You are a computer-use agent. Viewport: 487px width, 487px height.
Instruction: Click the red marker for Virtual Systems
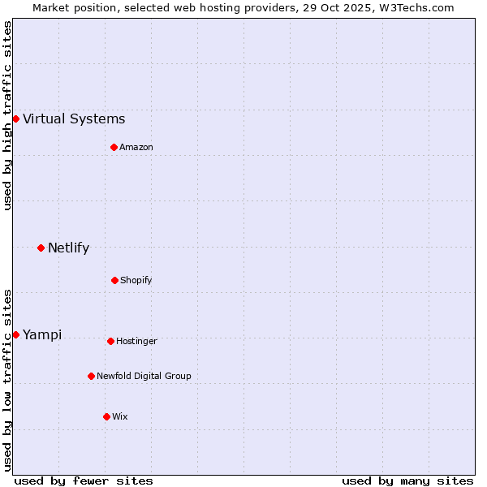point(15,119)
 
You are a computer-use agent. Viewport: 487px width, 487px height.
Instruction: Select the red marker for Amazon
point(114,147)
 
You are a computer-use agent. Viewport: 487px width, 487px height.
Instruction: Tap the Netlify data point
point(41,248)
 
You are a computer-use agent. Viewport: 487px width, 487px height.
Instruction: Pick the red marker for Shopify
point(114,280)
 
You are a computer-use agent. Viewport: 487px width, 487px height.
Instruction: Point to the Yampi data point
point(15,334)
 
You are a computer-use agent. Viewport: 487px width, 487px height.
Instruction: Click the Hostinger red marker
point(110,341)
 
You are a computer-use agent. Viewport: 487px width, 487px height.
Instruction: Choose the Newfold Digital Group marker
point(91,376)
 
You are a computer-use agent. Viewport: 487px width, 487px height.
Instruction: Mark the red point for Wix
point(106,416)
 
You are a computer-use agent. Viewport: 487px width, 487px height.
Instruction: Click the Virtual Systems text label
point(74,119)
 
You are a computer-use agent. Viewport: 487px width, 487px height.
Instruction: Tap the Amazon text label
point(136,148)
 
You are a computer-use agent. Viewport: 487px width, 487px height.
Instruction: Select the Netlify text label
point(68,248)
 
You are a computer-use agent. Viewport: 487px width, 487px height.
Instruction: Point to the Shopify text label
point(136,281)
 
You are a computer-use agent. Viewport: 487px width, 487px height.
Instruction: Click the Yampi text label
point(42,335)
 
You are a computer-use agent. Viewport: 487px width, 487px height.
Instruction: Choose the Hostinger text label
point(136,342)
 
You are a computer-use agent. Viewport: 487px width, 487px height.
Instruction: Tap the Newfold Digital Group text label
point(144,377)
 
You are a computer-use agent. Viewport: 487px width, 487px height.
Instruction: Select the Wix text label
point(120,417)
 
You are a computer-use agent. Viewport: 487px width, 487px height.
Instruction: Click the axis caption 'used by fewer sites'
point(84,481)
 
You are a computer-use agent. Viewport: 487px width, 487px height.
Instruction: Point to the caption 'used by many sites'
point(407,481)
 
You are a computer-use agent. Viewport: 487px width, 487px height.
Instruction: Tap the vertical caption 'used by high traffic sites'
point(7,115)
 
